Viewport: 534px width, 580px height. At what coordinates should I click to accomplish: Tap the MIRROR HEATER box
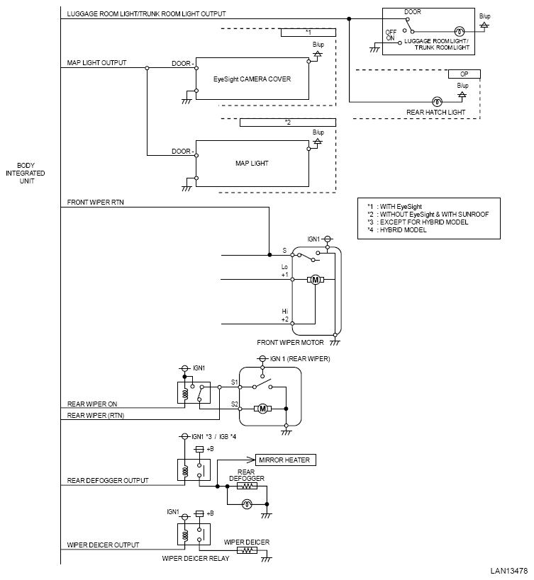click(286, 460)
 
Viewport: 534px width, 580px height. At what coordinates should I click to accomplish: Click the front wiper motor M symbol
click(316, 280)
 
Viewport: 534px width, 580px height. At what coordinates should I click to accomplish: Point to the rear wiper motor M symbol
click(262, 409)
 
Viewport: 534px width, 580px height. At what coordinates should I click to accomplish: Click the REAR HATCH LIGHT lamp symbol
click(437, 101)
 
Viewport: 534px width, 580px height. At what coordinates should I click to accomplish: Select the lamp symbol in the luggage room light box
click(460, 31)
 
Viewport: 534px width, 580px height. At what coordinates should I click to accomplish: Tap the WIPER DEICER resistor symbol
click(247, 550)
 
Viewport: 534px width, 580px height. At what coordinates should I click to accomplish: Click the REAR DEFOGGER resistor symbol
click(247, 486)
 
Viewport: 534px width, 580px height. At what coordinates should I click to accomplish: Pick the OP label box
click(465, 74)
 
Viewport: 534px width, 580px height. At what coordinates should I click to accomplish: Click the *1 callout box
click(308, 33)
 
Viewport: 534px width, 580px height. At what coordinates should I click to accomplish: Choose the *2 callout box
click(288, 123)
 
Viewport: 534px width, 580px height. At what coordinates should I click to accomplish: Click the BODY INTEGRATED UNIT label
click(26, 173)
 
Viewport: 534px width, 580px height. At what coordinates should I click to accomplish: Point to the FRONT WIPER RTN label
click(96, 203)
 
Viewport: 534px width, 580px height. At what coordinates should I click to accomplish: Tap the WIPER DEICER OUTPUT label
click(103, 545)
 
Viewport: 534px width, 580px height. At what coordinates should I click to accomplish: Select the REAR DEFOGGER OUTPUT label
click(108, 480)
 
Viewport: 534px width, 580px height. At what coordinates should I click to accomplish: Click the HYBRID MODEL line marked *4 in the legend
click(397, 229)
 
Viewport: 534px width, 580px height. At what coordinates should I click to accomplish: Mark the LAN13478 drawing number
click(508, 571)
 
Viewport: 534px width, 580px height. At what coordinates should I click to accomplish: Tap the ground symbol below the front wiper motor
click(335, 341)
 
